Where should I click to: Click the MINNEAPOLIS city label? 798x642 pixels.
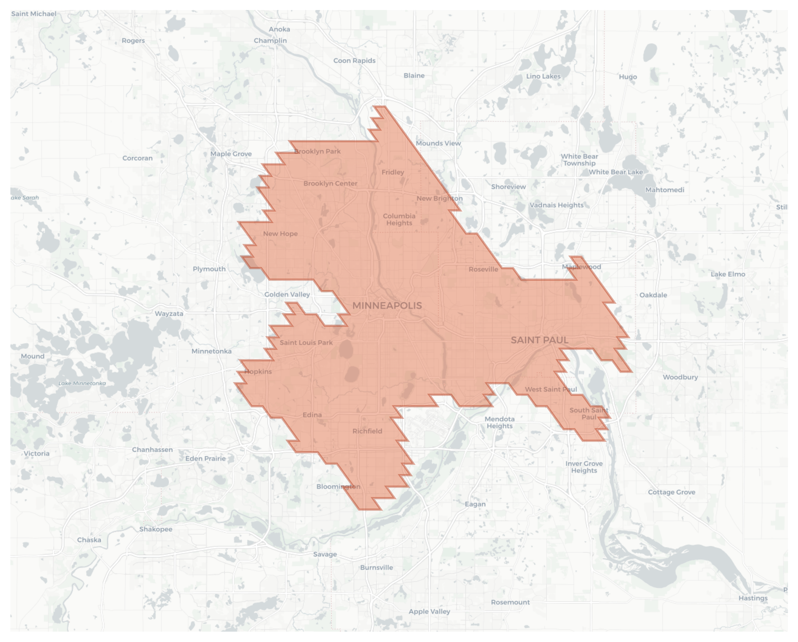click(x=387, y=306)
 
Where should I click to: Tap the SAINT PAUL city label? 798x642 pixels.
click(x=539, y=340)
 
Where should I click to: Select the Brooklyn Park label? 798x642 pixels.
click(x=317, y=151)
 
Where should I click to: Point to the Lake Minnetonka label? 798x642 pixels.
click(x=82, y=383)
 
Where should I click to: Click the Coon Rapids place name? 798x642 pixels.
click(x=354, y=61)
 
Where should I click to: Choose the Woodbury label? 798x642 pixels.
click(x=680, y=377)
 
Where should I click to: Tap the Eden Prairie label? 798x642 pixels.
click(x=206, y=459)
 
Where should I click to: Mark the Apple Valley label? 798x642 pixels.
click(x=429, y=612)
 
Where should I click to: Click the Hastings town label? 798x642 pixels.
click(x=752, y=598)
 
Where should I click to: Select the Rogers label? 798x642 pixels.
click(x=133, y=41)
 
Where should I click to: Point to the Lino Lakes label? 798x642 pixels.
click(x=543, y=76)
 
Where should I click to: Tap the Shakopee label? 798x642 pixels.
click(x=155, y=529)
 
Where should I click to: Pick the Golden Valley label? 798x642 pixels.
click(x=287, y=295)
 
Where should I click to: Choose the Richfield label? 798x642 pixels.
click(x=367, y=431)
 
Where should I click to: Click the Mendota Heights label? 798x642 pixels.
click(x=499, y=423)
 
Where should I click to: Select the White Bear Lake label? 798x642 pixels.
click(x=616, y=172)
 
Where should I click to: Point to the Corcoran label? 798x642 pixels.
click(x=137, y=158)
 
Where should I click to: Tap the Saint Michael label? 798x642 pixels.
click(x=34, y=14)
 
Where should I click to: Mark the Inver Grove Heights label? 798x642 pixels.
click(x=584, y=467)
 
